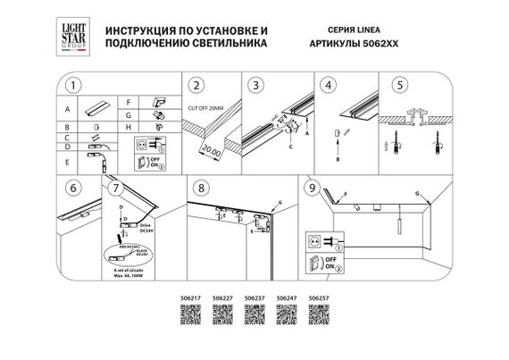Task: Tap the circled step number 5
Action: pyautogui.click(x=399, y=88)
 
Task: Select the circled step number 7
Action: pyautogui.click(x=113, y=188)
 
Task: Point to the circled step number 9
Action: pyautogui.click(x=311, y=188)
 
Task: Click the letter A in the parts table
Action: pyautogui.click(x=67, y=110)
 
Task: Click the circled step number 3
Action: pyautogui.click(x=256, y=88)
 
